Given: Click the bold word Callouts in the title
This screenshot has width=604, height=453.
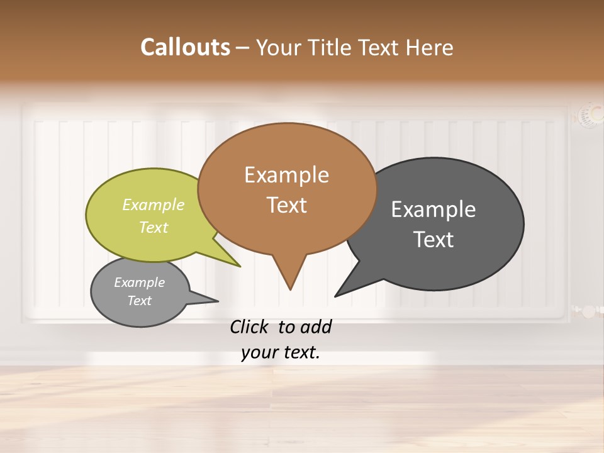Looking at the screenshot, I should [x=185, y=47].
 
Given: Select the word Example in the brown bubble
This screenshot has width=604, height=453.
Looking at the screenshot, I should [x=286, y=175].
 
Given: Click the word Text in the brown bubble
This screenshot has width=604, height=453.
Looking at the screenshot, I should [x=286, y=205].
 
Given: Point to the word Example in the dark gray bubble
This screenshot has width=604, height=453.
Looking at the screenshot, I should [x=433, y=210].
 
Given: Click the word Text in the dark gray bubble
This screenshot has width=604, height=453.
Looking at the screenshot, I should [x=433, y=240].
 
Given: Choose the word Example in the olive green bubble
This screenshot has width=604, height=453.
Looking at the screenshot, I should [x=154, y=205].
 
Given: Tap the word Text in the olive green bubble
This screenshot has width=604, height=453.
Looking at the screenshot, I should [x=154, y=227].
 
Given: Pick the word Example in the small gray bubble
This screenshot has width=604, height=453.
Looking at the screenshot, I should [x=139, y=282].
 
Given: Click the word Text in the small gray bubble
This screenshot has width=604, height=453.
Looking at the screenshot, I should [x=139, y=301].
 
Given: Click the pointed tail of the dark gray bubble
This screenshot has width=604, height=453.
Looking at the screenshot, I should [x=338, y=294].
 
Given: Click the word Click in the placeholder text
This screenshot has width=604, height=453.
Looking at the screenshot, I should [x=250, y=327].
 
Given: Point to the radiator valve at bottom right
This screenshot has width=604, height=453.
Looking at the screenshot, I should [x=588, y=311].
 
